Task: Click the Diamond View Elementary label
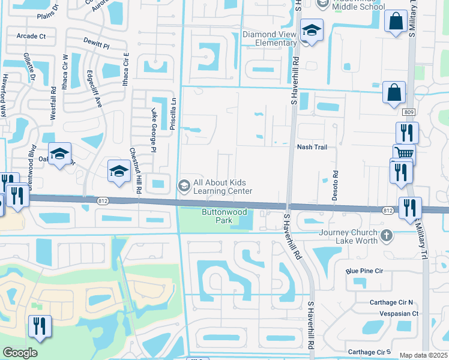[x=270, y=38]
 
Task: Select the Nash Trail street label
[x=312, y=147]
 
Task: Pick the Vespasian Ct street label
[x=394, y=313]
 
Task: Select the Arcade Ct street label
[x=31, y=36]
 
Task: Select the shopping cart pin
[x=405, y=154]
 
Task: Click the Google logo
[x=20, y=353]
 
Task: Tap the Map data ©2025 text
[x=423, y=355]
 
